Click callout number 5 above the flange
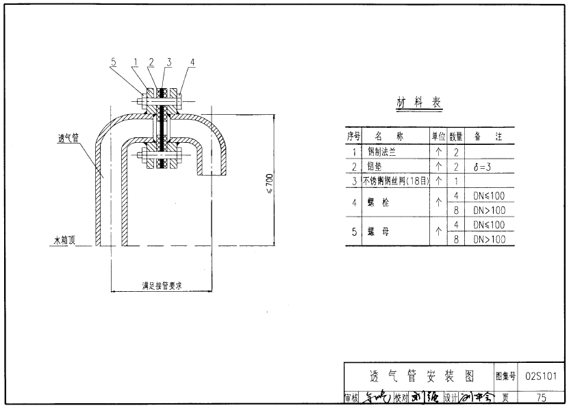pos(112,62)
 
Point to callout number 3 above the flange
pos(168,62)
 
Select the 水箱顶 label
pos(65,241)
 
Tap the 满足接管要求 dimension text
pos(162,286)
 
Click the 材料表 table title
pos(419,103)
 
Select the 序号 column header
pos(353,137)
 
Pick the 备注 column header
pos(489,137)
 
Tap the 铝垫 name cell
pos(375,167)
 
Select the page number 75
pos(542,397)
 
